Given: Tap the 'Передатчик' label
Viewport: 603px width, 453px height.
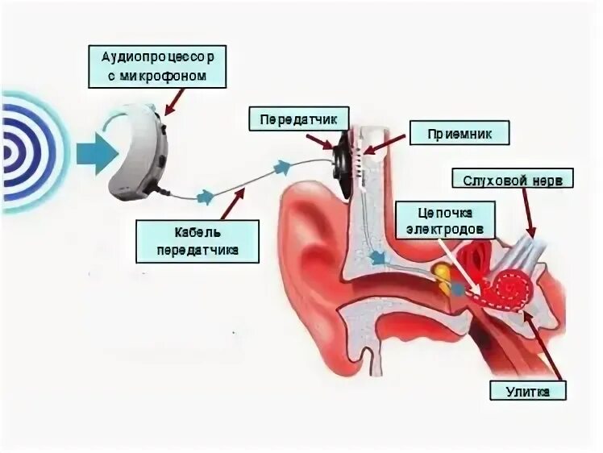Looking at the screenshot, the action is coord(299,119).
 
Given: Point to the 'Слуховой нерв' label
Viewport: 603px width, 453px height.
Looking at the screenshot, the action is coord(506,178).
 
